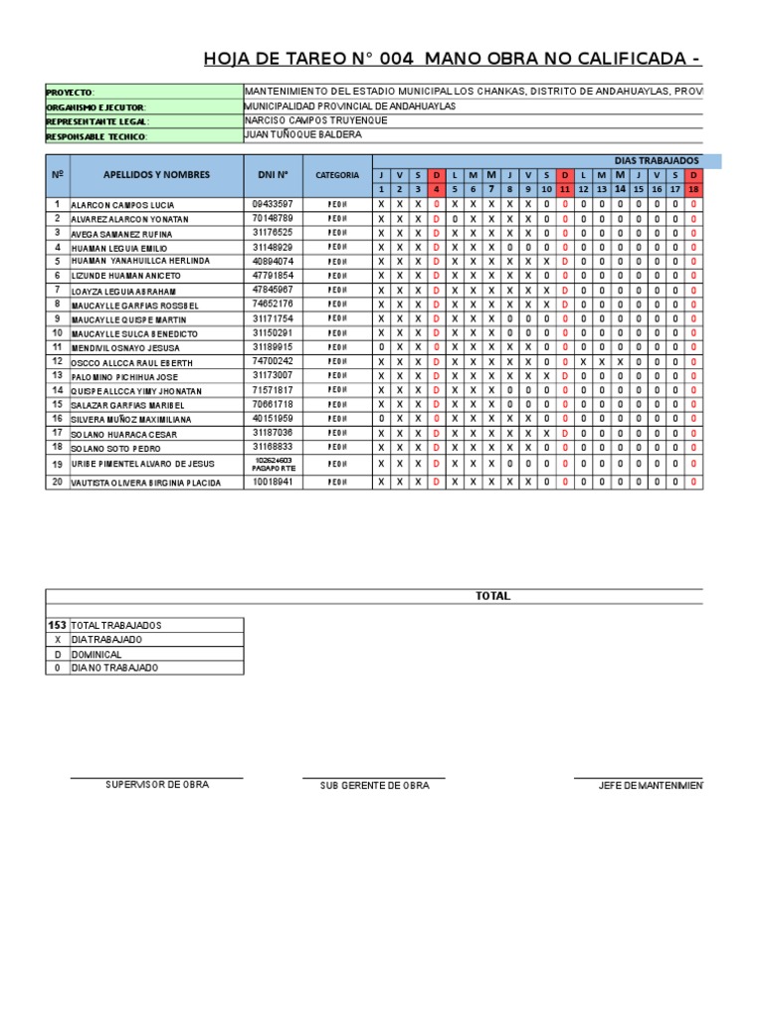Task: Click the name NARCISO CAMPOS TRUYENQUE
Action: (x=315, y=120)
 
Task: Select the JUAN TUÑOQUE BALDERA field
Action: (x=302, y=134)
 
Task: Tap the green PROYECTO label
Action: (x=70, y=93)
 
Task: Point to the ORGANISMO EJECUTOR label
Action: (x=96, y=106)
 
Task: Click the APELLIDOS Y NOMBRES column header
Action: (x=156, y=174)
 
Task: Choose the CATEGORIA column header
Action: (x=337, y=175)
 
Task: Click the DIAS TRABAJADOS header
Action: (x=658, y=160)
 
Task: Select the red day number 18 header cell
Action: (x=693, y=189)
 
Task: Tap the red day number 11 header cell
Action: (x=564, y=189)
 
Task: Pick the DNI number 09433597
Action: (x=273, y=203)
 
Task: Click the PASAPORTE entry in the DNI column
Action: (x=273, y=468)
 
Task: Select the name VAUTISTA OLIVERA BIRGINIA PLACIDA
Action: (x=147, y=483)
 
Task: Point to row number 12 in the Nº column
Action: (x=58, y=362)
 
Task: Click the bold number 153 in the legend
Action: (x=58, y=625)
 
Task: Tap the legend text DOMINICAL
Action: (x=96, y=655)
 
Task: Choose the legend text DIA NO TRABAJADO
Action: (x=114, y=668)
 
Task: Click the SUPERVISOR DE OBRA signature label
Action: (x=157, y=785)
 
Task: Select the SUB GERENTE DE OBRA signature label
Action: (x=374, y=786)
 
